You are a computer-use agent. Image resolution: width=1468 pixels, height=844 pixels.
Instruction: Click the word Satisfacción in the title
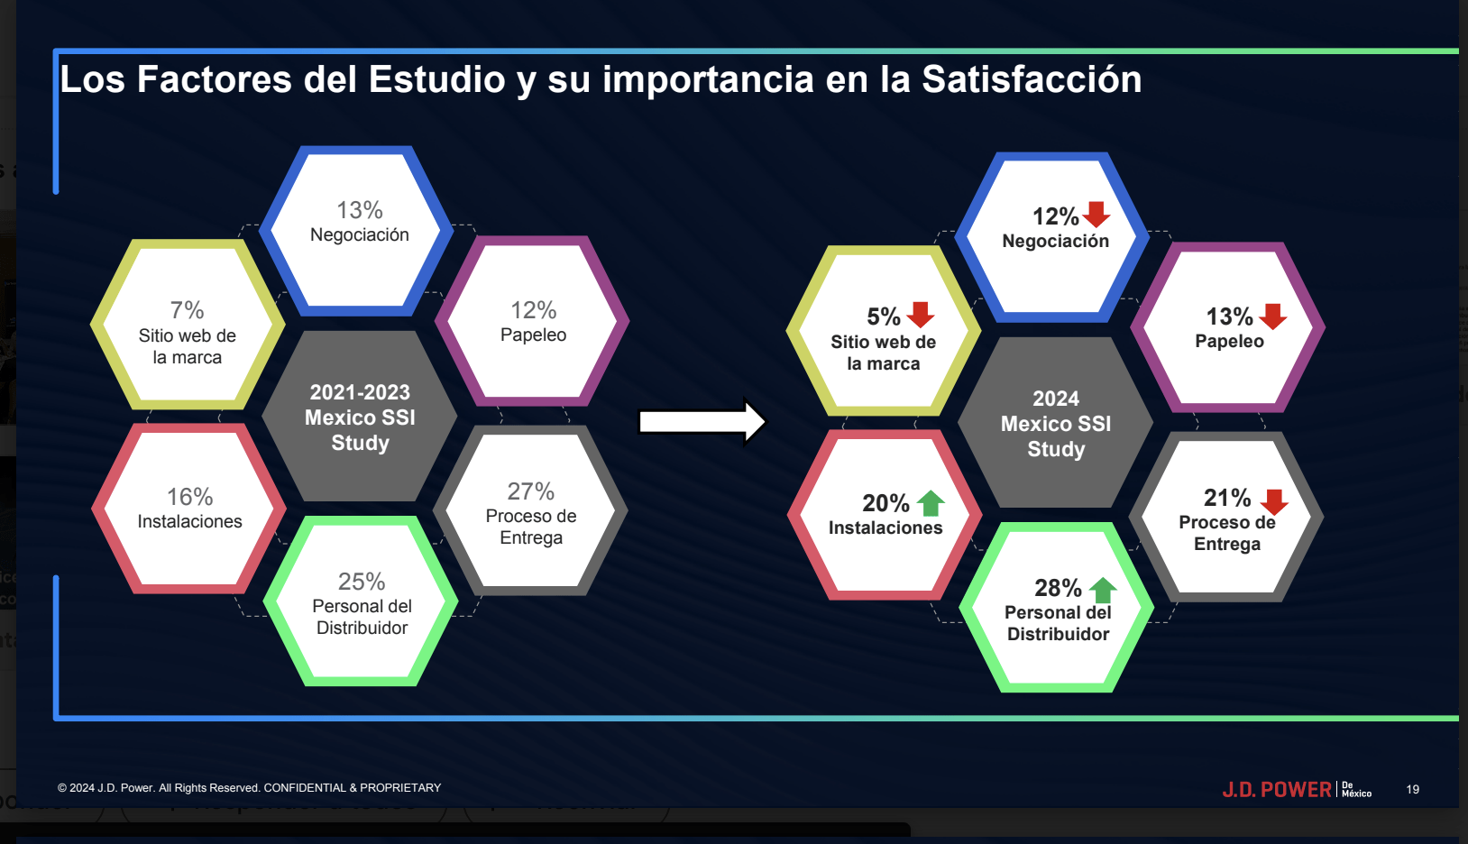click(1032, 79)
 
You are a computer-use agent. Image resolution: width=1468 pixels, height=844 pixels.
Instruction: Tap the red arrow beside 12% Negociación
click(1096, 214)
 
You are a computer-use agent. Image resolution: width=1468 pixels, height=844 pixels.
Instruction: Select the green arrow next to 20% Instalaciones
click(931, 503)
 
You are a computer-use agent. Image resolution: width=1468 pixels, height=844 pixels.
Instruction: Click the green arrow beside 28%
click(1103, 590)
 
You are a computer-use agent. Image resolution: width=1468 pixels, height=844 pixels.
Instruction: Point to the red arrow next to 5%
click(921, 315)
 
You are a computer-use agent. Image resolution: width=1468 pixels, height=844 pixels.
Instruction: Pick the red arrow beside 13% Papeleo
click(1272, 316)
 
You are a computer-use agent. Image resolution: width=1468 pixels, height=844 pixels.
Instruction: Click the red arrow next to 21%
click(1274, 502)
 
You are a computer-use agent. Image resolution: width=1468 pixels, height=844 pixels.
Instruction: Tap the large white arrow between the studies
click(702, 421)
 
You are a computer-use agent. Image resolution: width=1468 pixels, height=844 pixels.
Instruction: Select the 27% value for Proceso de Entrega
click(531, 491)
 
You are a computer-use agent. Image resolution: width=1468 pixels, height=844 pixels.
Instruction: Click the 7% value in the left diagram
click(187, 310)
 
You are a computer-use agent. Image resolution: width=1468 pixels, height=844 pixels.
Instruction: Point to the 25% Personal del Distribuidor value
click(362, 582)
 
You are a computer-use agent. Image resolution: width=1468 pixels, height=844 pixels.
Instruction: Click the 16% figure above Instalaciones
click(189, 497)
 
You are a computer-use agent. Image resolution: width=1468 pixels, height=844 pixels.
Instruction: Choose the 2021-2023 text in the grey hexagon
click(360, 392)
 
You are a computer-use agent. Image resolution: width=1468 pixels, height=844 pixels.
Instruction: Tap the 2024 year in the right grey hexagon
click(1056, 399)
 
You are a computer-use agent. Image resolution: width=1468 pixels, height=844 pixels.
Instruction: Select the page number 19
click(1413, 790)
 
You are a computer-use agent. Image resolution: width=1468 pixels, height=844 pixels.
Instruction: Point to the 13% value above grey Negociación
click(359, 210)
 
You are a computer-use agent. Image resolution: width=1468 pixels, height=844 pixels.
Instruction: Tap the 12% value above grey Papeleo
click(534, 310)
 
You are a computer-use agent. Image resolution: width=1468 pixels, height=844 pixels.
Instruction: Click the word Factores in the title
click(215, 79)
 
